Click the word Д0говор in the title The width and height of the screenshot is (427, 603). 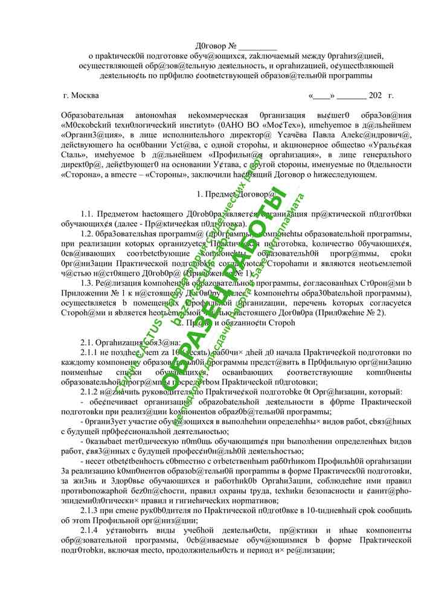211,46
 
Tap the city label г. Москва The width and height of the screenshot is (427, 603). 81,95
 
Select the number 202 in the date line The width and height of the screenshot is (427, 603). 375,95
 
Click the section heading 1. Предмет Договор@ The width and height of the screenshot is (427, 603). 236,194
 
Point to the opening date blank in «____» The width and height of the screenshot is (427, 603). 321,95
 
